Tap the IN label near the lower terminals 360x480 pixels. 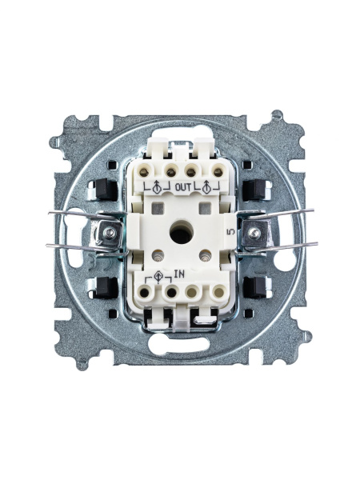pos(180,274)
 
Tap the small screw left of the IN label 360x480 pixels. pos(158,256)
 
